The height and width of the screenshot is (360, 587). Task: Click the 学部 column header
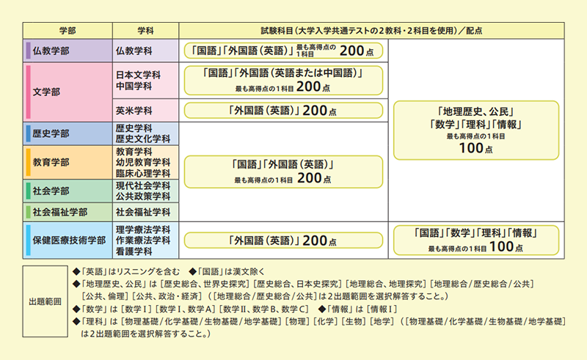(x=68, y=31)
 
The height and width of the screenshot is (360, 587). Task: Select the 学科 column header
(x=145, y=31)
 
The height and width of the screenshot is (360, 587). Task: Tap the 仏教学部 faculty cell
(x=68, y=51)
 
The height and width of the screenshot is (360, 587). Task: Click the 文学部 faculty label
(x=46, y=92)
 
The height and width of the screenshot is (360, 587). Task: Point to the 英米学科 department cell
(x=145, y=111)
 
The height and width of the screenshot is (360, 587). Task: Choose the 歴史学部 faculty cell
(x=68, y=133)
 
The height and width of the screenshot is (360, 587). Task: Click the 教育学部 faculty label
(x=51, y=163)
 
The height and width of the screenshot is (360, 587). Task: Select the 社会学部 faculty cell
(x=68, y=191)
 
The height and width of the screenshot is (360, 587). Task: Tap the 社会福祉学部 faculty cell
(x=68, y=212)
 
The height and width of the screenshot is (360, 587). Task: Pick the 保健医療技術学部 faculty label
(x=69, y=240)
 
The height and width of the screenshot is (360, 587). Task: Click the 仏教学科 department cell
(x=145, y=51)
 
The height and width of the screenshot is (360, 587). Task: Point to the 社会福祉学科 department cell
(x=145, y=212)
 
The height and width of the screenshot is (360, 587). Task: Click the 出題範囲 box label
(x=45, y=301)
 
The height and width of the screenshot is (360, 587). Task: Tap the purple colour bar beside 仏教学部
(x=28, y=51)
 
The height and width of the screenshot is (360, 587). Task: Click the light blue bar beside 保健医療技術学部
(x=28, y=240)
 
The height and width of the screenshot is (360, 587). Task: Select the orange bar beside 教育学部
(x=28, y=163)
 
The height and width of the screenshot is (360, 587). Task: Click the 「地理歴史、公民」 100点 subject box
(x=476, y=131)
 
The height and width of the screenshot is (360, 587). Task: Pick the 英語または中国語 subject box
(x=283, y=81)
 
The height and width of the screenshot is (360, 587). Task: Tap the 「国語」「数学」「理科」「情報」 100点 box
(x=476, y=240)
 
